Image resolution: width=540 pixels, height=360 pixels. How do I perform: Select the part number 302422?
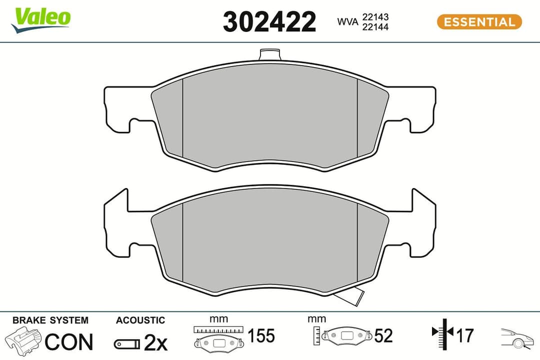coord(269,22)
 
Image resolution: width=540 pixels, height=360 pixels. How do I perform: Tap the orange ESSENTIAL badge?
coord(479,22)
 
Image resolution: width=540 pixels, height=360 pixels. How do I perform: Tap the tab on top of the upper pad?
coord(271,54)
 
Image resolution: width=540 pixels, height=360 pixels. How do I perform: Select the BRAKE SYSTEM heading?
coord(50,320)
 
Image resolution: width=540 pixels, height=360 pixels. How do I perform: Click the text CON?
coord(69,342)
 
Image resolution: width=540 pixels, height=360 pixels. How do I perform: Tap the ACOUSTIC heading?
coord(140,320)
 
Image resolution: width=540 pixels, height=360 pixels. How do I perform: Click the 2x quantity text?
coord(155,342)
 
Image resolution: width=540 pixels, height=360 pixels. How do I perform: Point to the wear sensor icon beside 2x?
coord(126,343)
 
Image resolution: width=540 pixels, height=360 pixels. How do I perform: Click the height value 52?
coord(383,336)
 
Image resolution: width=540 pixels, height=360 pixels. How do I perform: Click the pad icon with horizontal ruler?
coord(218,338)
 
